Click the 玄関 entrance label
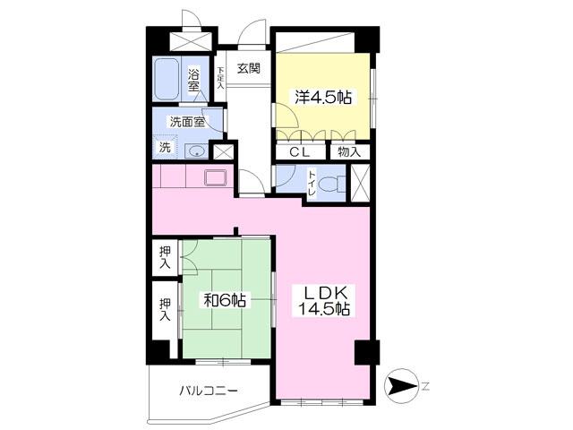[x=249, y=68]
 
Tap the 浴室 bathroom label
[x=193, y=81]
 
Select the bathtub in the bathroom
[x=167, y=79]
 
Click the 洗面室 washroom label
[x=187, y=122]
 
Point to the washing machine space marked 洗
[x=165, y=147]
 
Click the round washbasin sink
[x=197, y=150]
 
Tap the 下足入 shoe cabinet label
[x=220, y=78]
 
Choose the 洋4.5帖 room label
[x=323, y=98]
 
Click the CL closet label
[x=300, y=151]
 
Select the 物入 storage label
[x=349, y=151]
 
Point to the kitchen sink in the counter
[x=216, y=178]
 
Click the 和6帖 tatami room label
[x=225, y=300]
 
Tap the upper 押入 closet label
[x=165, y=258]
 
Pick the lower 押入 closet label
[x=165, y=310]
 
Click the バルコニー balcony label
[x=208, y=391]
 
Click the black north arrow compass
[x=402, y=386]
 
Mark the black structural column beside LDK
[x=367, y=352]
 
